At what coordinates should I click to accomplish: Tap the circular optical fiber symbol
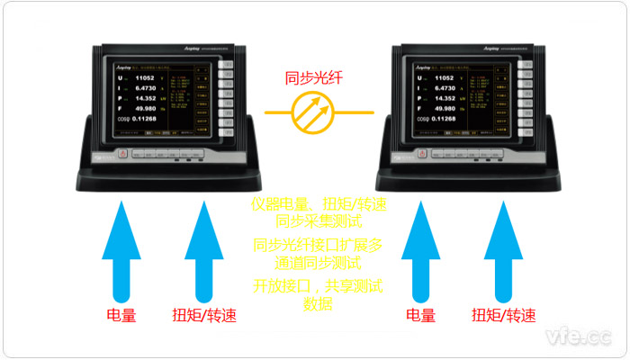click(315, 112)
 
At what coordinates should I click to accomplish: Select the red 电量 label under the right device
click(420, 316)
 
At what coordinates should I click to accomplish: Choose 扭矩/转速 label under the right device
click(505, 316)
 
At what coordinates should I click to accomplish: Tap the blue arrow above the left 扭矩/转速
click(203, 254)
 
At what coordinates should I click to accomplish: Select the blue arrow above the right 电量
click(421, 254)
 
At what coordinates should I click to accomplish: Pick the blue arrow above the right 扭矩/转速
click(503, 254)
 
